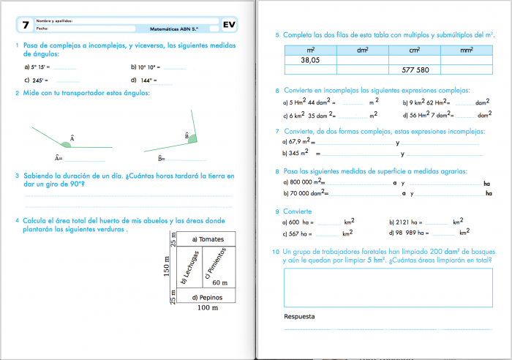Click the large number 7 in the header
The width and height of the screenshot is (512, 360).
pyautogui.click(x=26, y=25)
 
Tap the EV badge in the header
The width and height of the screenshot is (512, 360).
pyautogui.click(x=229, y=25)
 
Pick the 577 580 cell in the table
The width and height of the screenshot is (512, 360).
pyautogui.click(x=415, y=70)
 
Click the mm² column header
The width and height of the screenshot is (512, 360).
pyautogui.click(x=467, y=50)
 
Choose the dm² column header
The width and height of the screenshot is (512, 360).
pyautogui.click(x=362, y=50)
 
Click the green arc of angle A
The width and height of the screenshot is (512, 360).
pyautogui.click(x=66, y=144)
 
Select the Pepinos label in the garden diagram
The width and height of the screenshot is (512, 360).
pyautogui.click(x=206, y=297)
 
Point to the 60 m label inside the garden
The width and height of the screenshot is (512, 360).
pyautogui.click(x=219, y=282)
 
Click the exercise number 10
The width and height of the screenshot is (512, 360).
pyautogui.click(x=275, y=251)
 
